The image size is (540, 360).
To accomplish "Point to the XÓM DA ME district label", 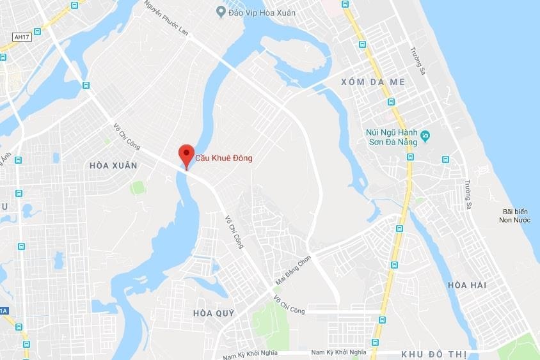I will (364, 82).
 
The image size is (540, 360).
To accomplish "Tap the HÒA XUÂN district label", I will (113, 165).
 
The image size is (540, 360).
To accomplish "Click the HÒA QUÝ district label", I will (214, 313).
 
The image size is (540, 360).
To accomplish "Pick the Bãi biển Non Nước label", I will (516, 216).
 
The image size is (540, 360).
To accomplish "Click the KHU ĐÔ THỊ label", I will (434, 354).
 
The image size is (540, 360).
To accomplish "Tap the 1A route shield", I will (3, 311).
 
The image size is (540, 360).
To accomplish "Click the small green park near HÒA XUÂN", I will (137, 187).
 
